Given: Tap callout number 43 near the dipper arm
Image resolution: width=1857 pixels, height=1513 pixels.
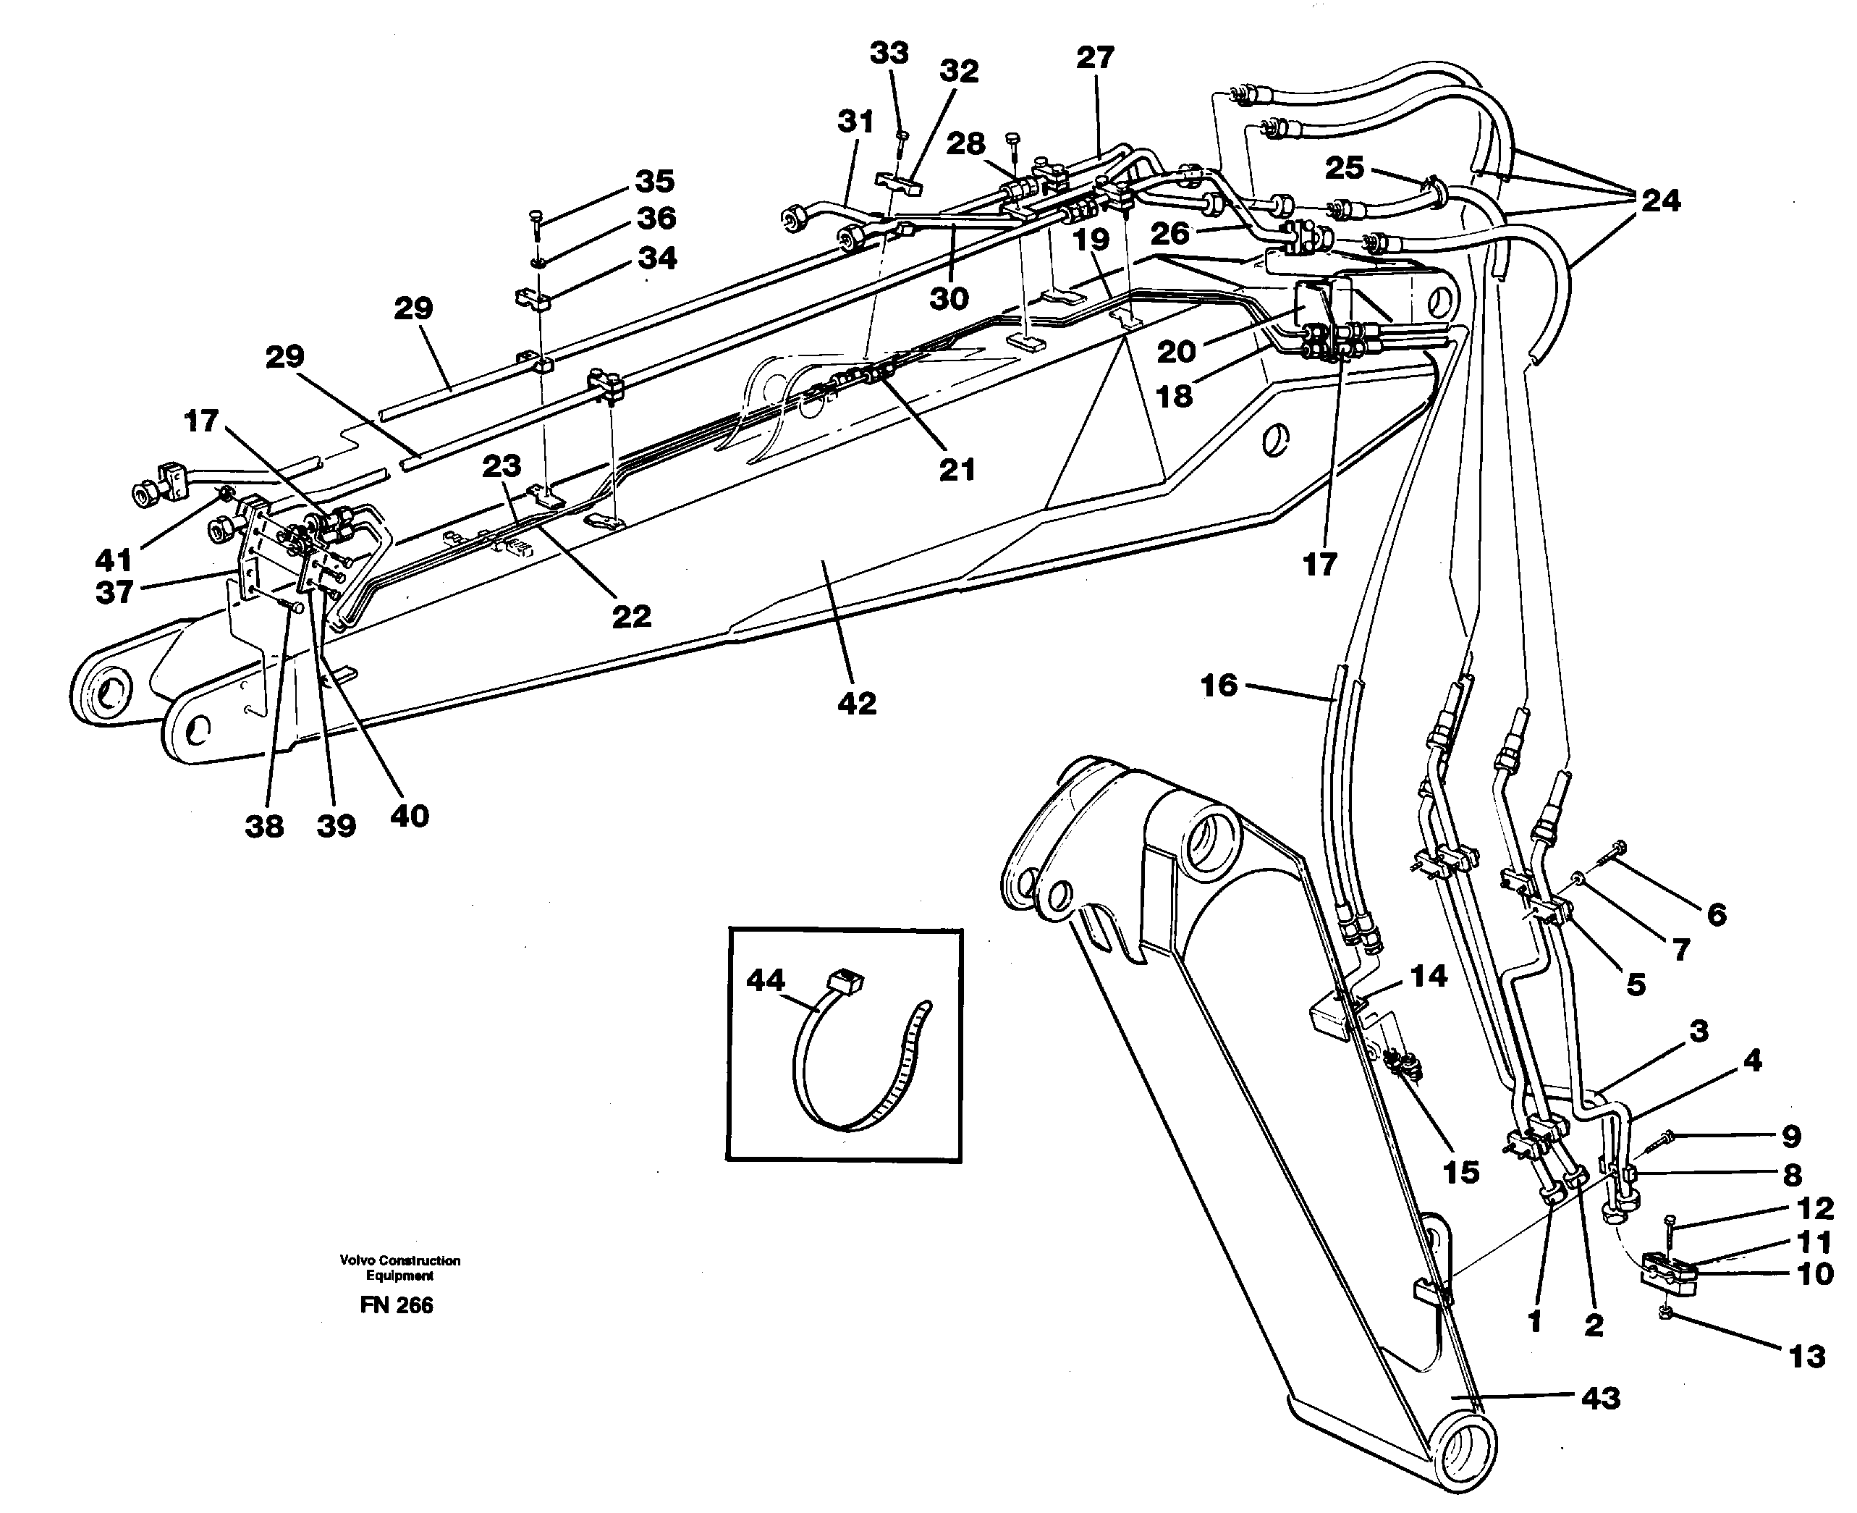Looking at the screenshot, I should pyautogui.click(x=1601, y=1399).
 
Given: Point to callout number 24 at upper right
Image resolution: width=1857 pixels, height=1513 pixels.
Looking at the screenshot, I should pyautogui.click(x=1660, y=201).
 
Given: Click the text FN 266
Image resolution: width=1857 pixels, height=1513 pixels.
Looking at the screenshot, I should pyautogui.click(x=396, y=1305).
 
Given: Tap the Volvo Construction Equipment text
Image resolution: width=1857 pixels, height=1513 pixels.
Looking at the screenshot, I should pyautogui.click(x=400, y=1267).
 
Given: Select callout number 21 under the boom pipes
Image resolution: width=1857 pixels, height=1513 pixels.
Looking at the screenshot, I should pyautogui.click(x=956, y=470).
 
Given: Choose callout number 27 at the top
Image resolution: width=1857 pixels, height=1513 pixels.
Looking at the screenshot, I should pyautogui.click(x=1094, y=57).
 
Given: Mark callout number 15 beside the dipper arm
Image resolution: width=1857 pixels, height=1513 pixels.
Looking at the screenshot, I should pyautogui.click(x=1460, y=1171).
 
